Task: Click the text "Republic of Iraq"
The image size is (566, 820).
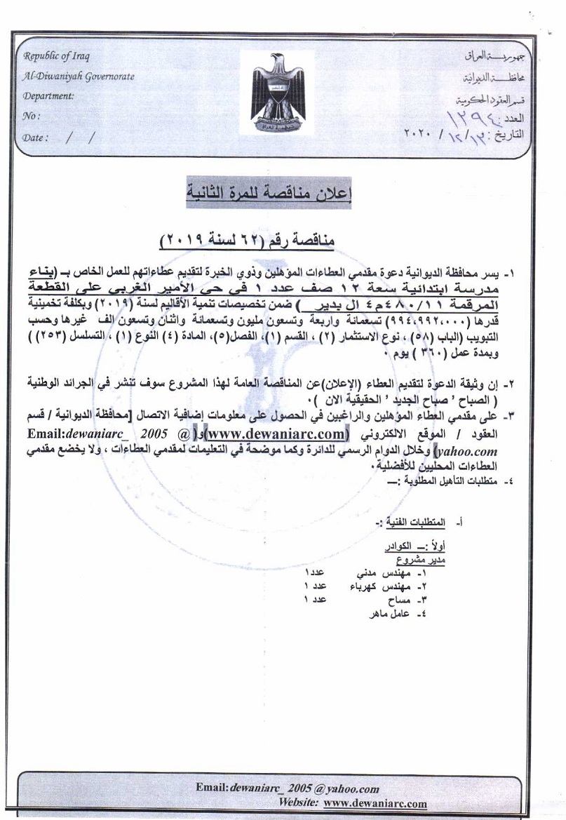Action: coord(57,57)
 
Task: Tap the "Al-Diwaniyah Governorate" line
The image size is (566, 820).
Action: coord(79,76)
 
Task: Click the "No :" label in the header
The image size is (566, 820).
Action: coord(32,116)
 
